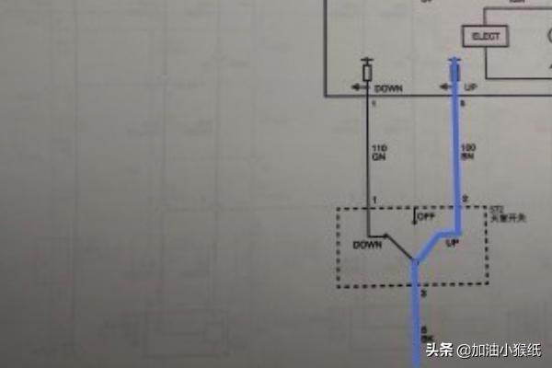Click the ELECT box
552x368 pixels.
coord(487,37)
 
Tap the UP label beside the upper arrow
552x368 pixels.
coord(470,87)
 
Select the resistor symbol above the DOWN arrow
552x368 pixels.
coord(367,70)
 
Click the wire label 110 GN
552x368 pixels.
coord(379,153)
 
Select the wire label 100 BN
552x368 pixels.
coord(467,153)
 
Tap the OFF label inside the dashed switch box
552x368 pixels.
coord(426,218)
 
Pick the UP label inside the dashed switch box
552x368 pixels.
coord(452,245)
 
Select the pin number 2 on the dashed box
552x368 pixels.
coord(465,200)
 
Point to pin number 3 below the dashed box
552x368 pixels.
coord(424,293)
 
